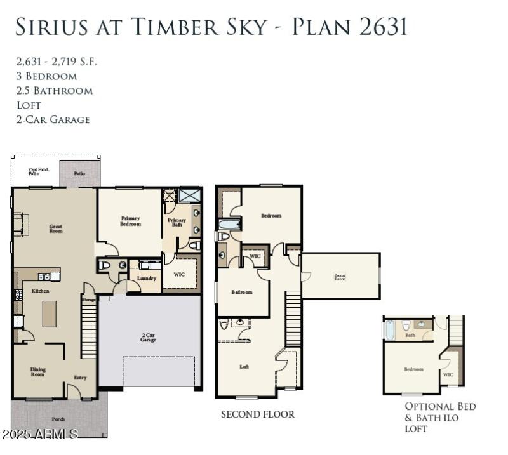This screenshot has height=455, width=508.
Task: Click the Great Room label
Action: click(x=56, y=228)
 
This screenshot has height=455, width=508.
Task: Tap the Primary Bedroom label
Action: click(x=130, y=221)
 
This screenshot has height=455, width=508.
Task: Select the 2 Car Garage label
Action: click(x=148, y=337)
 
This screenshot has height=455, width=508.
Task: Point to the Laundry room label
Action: click(x=147, y=279)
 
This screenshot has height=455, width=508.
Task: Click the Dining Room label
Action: click(x=38, y=371)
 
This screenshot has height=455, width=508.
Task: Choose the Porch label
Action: click(x=58, y=419)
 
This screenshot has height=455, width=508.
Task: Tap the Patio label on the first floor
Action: click(x=78, y=173)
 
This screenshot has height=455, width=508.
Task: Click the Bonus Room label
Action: click(x=340, y=276)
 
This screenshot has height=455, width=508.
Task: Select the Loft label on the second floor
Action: click(x=244, y=366)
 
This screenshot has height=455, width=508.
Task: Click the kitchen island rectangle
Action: click(x=50, y=313)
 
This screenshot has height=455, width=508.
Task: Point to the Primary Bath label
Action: click(x=177, y=223)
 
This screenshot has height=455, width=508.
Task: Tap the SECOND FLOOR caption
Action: click(x=258, y=414)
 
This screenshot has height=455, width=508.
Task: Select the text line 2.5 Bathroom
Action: click(x=55, y=91)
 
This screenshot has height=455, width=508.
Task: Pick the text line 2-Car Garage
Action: click(x=53, y=119)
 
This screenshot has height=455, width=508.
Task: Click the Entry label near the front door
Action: click(x=80, y=378)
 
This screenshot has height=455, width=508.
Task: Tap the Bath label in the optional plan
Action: click(x=410, y=336)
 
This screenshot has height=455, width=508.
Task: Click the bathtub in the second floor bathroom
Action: click(x=229, y=224)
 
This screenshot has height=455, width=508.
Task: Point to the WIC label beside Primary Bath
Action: click(x=180, y=274)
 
